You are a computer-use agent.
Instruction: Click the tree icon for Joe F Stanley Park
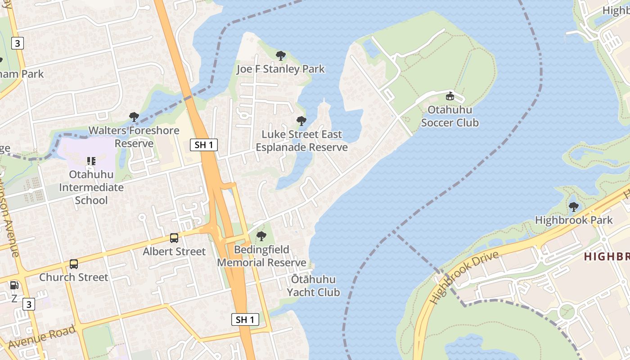[x=281, y=56]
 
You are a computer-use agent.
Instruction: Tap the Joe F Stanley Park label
[x=281, y=69]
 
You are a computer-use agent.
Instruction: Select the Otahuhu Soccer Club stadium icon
[x=450, y=96]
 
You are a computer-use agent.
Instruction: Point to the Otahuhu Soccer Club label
[x=450, y=116]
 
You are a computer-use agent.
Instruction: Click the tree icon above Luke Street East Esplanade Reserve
[x=301, y=121]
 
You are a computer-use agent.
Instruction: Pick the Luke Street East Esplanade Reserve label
[x=301, y=141]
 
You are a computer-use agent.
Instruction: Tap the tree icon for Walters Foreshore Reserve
[x=134, y=117]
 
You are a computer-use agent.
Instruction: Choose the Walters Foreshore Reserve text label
[x=134, y=137]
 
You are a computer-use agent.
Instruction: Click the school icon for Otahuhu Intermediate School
[x=91, y=161]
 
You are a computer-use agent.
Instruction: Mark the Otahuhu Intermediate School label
[x=91, y=187]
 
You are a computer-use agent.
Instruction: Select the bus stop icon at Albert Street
[x=174, y=238]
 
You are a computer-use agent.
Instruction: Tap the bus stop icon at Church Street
[x=74, y=264]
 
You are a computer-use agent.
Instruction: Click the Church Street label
[x=74, y=277]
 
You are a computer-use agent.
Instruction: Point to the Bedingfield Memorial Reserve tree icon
[x=261, y=236]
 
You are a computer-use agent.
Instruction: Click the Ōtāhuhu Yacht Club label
[x=314, y=286]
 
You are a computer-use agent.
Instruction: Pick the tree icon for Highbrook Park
[x=574, y=207]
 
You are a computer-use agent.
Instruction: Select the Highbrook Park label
[x=574, y=220]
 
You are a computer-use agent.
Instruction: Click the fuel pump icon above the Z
[x=14, y=285]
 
